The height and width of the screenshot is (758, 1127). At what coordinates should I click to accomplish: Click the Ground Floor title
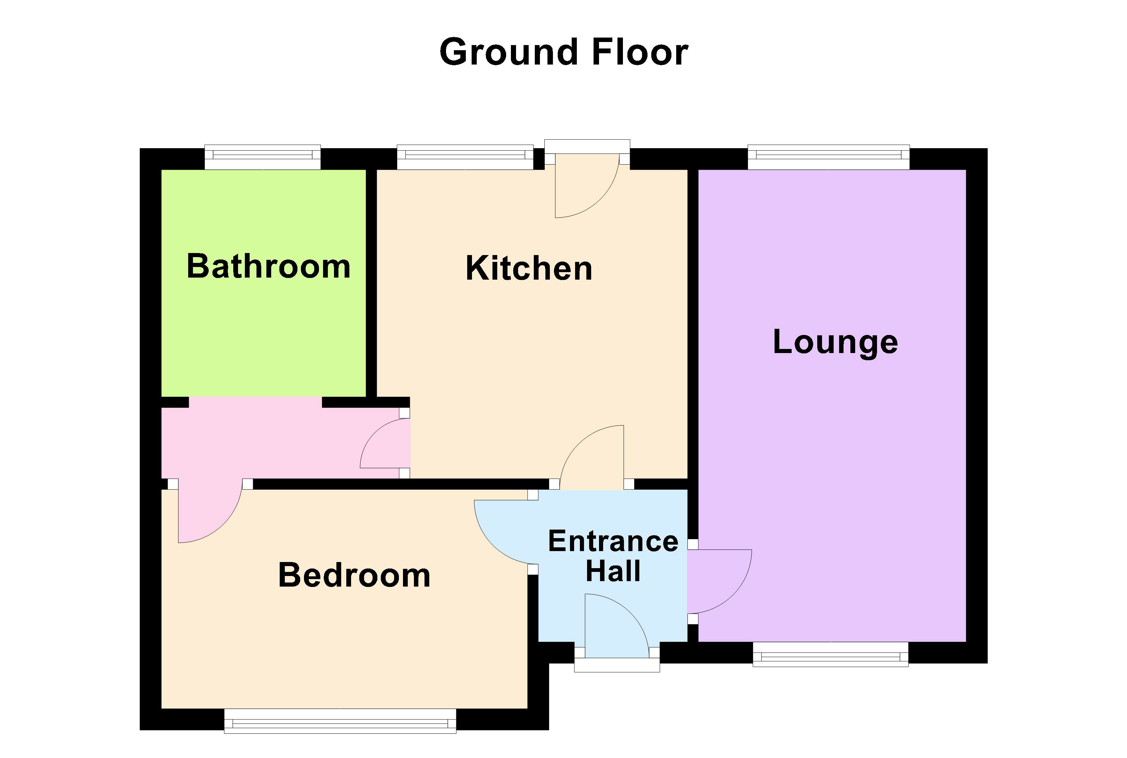(563, 52)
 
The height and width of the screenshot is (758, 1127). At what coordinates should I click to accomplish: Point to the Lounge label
(835, 342)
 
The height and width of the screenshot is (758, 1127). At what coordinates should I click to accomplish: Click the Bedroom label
(354, 575)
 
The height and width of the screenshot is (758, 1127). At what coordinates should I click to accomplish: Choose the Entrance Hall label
(613, 556)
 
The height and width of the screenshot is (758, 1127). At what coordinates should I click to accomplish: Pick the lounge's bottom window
(830, 655)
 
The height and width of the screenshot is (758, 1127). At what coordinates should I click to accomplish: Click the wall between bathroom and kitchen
(371, 283)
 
